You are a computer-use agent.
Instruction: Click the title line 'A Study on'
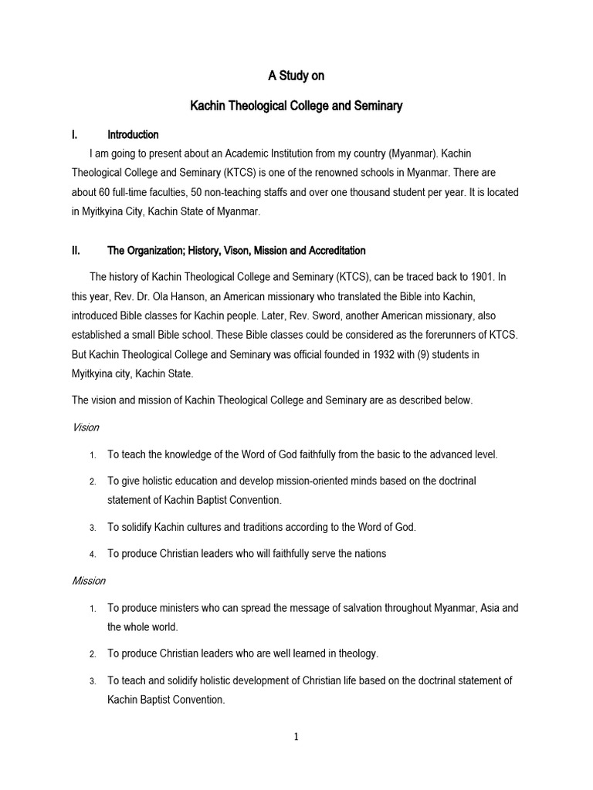click(296, 76)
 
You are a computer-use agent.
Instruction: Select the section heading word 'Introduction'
click(133, 134)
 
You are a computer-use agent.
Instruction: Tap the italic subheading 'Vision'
click(85, 427)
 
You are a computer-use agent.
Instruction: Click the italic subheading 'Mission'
click(88, 580)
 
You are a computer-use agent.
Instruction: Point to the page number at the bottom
click(296, 736)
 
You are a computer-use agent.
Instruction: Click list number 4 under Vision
click(92, 554)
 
